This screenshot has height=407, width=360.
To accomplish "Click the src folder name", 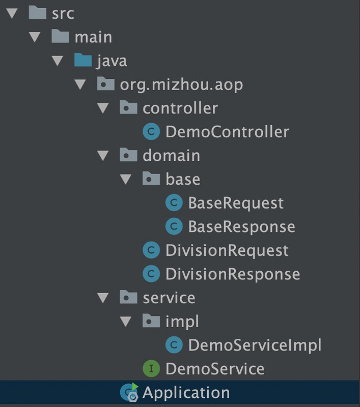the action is (63, 14).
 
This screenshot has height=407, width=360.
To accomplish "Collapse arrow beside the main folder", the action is (35, 37).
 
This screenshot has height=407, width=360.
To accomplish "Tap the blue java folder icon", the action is (83, 60).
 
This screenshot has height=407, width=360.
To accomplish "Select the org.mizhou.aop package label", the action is (181, 85).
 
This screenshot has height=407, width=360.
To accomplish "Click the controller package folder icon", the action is (128, 107).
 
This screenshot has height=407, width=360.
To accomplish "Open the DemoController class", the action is (227, 132).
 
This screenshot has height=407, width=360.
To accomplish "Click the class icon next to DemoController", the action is (151, 132).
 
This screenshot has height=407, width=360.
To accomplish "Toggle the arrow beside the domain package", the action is (103, 156).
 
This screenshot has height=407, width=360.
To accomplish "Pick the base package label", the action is (183, 180).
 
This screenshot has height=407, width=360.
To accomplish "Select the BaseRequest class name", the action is (236, 203).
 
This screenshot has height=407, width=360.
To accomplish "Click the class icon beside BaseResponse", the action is (174, 226).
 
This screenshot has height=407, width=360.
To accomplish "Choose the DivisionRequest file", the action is (227, 251).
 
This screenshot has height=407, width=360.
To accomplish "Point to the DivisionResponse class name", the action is (233, 274).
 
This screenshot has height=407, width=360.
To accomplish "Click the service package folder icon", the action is (128, 297).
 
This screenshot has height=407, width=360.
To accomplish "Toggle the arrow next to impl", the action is (126, 322).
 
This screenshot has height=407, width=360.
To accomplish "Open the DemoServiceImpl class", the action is (255, 345).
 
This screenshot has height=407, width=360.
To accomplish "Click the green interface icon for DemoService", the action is (151, 368).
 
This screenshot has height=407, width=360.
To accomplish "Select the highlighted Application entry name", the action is (186, 393).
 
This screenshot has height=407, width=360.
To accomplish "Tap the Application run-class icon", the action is (129, 392).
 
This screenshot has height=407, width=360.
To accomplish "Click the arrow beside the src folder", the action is (12, 13).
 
